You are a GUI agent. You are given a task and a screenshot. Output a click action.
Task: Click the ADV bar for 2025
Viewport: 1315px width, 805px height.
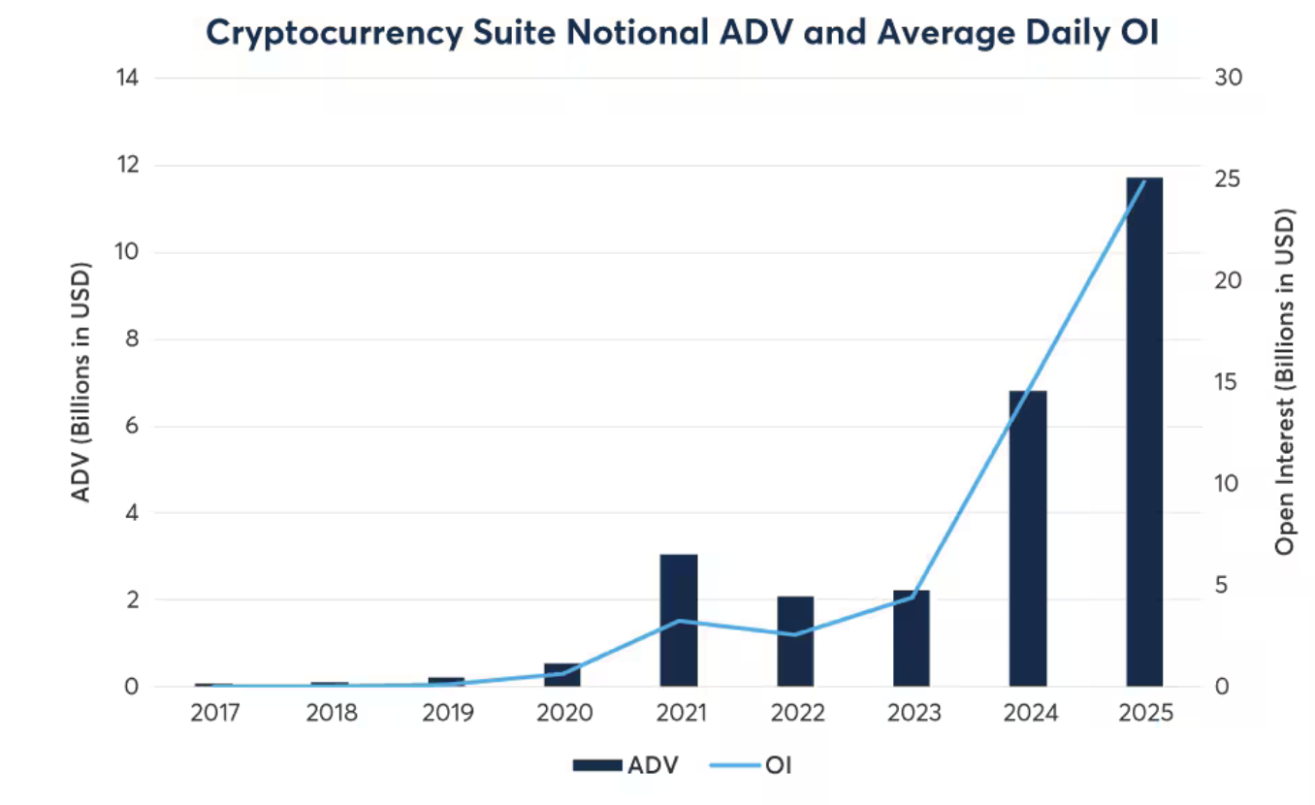[x=1144, y=432]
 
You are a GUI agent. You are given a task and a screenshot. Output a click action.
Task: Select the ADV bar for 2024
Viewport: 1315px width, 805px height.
[x=1028, y=538]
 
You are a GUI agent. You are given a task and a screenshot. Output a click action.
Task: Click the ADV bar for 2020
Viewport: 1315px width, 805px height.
[x=562, y=675]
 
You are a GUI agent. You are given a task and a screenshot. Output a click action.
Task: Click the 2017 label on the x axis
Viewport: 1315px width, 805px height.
[x=215, y=714]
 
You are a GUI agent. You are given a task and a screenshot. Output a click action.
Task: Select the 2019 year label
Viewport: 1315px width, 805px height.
[x=447, y=714]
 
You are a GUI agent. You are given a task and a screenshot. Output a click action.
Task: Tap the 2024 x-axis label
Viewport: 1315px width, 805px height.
[x=1029, y=714]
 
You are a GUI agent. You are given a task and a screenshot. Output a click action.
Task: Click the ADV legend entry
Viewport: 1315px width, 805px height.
[x=625, y=765]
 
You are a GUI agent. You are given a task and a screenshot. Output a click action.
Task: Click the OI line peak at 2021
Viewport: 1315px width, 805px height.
[x=679, y=621]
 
